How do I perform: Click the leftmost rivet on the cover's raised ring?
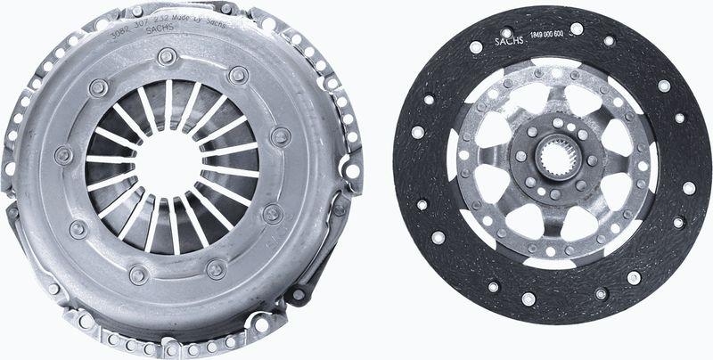tap(63, 155)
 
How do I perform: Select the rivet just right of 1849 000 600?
tap(577, 29)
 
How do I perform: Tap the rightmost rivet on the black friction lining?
tap(688, 188)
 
